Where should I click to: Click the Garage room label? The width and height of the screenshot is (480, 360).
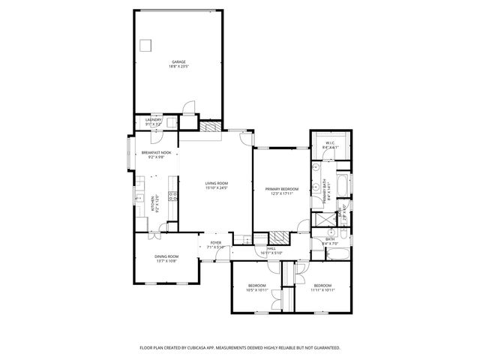pos(178,62)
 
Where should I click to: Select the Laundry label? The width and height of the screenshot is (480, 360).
pos(153,119)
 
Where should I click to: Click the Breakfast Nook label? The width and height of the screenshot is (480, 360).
pos(156,153)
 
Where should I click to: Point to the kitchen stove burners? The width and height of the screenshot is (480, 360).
pos(173,198)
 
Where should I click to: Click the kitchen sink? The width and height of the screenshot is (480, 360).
pos(139,199)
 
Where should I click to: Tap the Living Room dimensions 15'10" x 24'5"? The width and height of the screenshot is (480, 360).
pos(217,188)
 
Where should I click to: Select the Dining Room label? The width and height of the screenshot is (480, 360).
pos(166,256)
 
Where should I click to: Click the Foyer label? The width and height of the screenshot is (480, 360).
pos(216,243)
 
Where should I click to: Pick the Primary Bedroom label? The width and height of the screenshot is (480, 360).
pos(281,189)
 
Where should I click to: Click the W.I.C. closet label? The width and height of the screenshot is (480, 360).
pos(330,142)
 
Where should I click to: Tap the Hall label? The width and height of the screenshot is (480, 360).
pos(271,248)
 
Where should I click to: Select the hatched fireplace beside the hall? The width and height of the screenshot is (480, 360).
pos(278,235)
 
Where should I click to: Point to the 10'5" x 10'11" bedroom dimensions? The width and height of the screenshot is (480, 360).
pos(258,290)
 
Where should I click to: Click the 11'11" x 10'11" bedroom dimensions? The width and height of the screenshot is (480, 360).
pos(322,290)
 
